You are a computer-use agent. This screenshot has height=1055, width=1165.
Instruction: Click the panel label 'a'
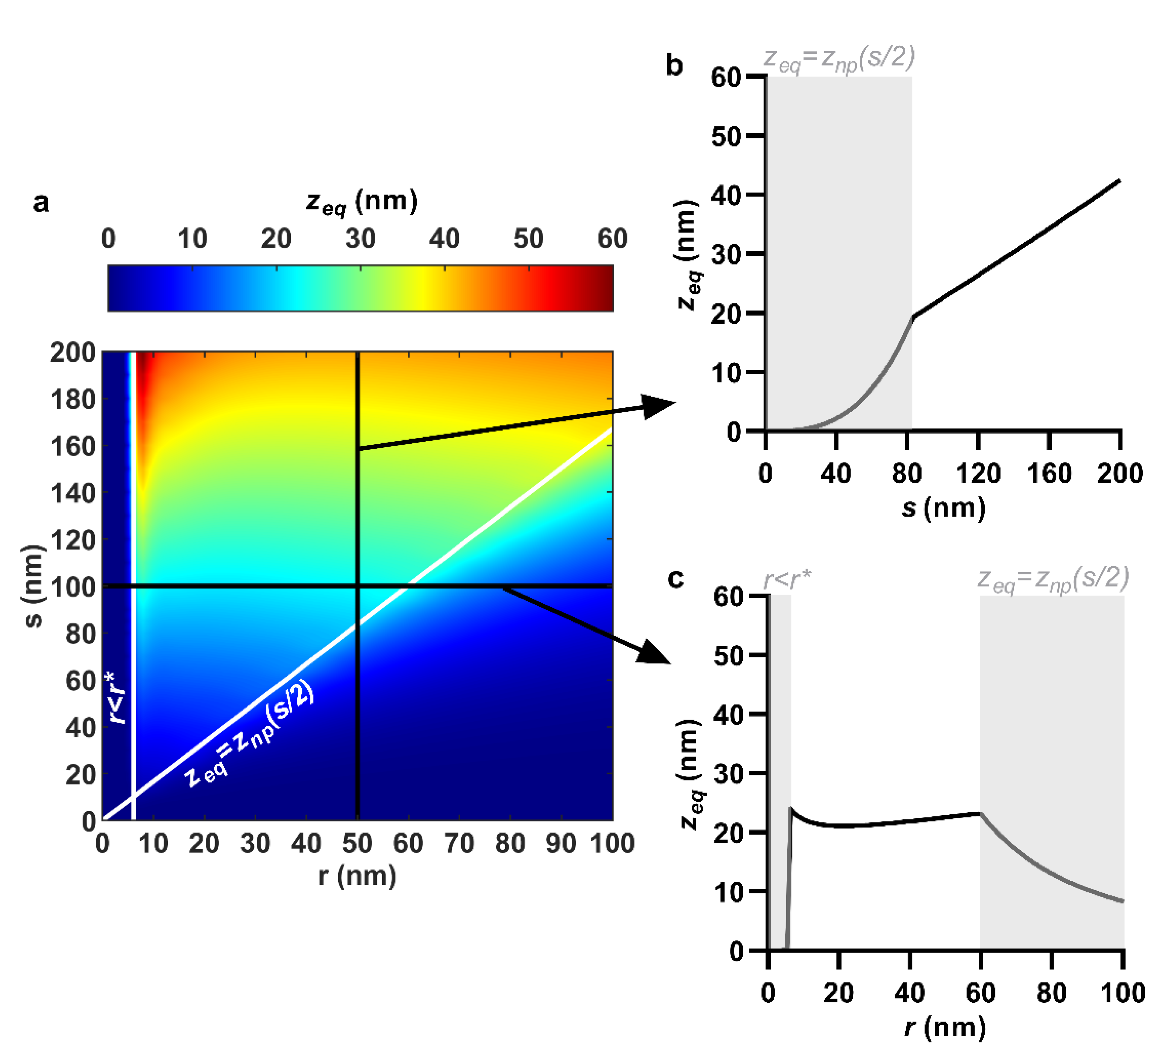[41, 203]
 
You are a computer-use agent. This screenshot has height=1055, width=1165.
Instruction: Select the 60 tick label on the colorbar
[612, 239]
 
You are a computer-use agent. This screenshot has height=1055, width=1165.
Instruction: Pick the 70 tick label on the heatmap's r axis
[459, 843]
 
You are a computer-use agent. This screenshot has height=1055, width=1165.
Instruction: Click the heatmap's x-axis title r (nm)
[357, 876]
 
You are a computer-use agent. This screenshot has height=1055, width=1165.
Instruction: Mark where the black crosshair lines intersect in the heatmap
[357, 586]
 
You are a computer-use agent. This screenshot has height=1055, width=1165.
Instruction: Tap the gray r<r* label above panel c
[787, 578]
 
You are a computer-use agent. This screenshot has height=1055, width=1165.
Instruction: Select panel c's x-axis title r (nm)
[945, 1027]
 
